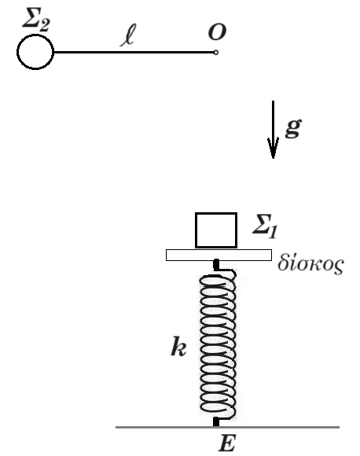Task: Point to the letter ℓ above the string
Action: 128,35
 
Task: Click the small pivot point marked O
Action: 216,53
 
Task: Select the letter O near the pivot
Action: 217,31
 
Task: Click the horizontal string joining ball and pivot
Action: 134,53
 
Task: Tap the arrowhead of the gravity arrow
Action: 273,148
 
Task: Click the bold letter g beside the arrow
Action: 293,128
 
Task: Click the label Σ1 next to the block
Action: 265,226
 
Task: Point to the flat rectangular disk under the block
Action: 219,255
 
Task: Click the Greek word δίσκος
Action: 310,263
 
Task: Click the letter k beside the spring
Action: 178,346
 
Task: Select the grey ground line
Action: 227,427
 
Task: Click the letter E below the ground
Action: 227,443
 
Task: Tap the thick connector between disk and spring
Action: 216,265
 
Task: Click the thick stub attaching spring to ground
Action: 216,421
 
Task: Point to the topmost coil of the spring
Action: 218,277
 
